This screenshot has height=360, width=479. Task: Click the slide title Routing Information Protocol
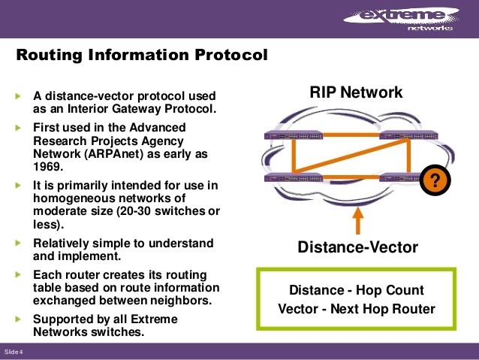[142, 56]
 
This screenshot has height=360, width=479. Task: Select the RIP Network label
[356, 92]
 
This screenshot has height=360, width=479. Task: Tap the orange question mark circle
[432, 180]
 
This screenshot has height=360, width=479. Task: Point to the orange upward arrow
[358, 219]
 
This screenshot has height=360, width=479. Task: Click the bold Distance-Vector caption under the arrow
[357, 247]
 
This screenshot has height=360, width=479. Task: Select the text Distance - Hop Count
[357, 290]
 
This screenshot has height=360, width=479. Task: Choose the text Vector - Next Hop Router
[357, 309]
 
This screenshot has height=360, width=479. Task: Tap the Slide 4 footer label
[14, 352]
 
